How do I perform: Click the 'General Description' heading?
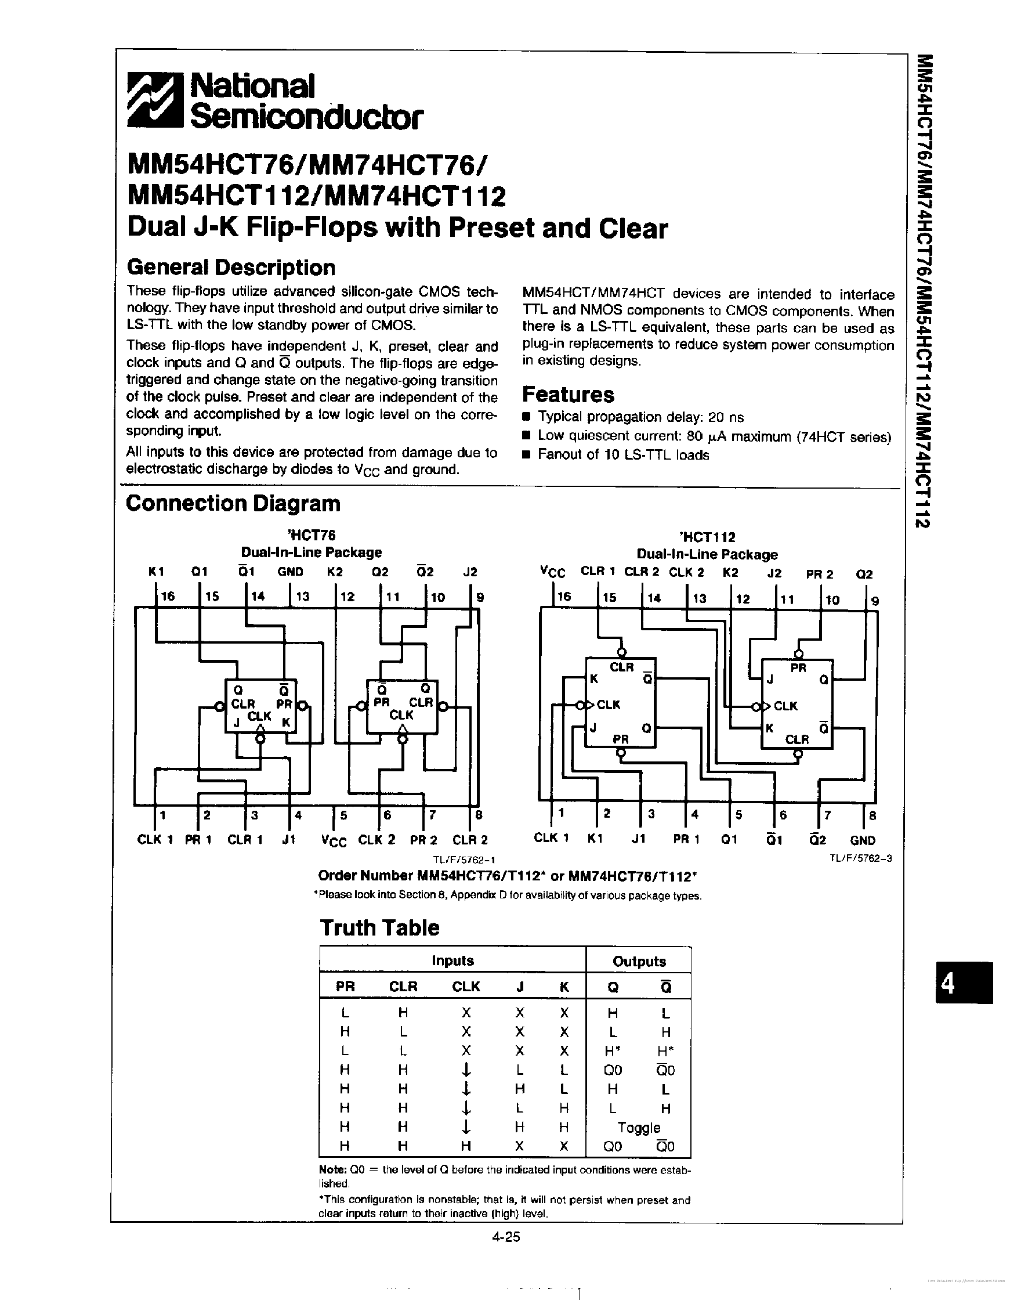coord(231,268)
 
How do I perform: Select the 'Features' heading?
coord(567,395)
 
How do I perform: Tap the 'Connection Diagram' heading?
coord(233,504)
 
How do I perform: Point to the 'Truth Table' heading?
coord(379,928)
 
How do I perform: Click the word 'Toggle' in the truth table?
coord(639,1128)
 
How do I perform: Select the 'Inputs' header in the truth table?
coord(452,961)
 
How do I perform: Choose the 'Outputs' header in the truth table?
coord(639,962)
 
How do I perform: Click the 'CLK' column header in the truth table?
coord(466,987)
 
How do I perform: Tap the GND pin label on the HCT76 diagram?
coord(290,572)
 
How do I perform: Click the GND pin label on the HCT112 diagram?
coord(862,840)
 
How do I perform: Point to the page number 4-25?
coord(506,1236)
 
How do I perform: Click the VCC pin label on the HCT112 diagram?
coord(552,573)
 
